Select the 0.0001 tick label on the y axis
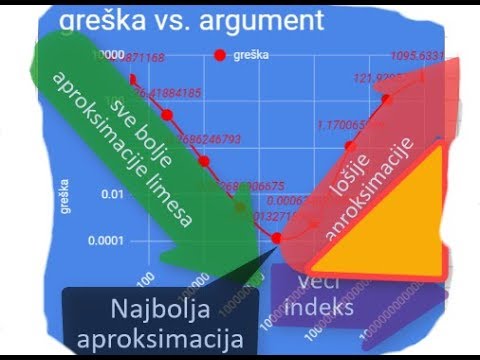pos(106,241)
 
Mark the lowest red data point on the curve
pos(278,239)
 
